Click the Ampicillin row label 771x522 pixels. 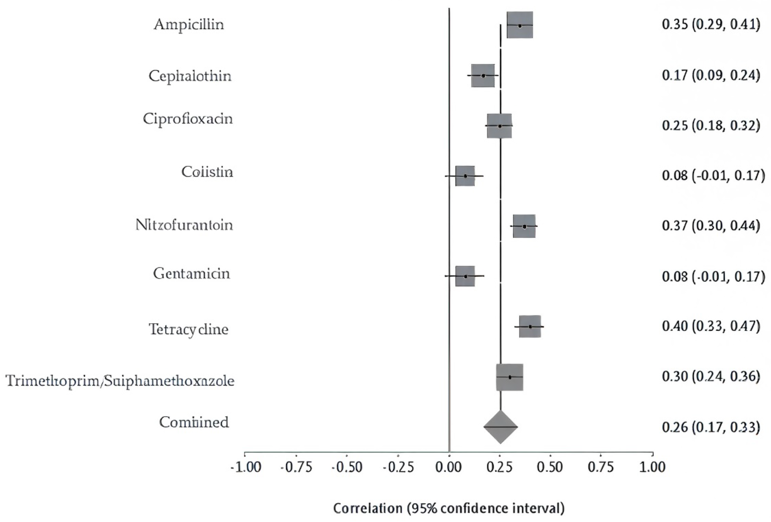tap(189, 25)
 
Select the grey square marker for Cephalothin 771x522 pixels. tap(483, 75)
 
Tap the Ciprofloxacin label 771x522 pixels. tap(188, 119)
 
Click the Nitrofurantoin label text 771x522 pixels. tap(184, 225)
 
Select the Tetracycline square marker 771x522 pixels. tap(530, 326)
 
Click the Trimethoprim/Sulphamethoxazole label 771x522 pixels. tap(120, 381)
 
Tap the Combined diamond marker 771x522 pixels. tap(500, 427)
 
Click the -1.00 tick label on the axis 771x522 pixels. tap(246, 467)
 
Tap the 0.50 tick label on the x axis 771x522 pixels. tap(550, 467)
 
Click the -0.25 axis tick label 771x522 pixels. tap(398, 467)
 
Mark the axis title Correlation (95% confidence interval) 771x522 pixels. tap(448, 508)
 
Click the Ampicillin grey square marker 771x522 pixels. tap(520, 25)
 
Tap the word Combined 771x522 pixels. tap(194, 423)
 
